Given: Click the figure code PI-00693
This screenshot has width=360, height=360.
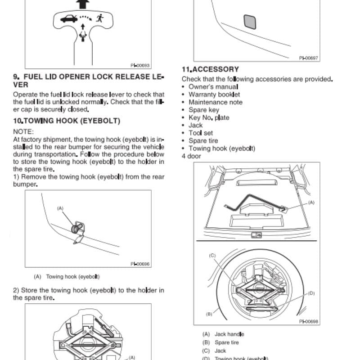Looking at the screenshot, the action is coord(140,65).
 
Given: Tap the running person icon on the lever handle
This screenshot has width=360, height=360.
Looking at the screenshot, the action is coord(100,18).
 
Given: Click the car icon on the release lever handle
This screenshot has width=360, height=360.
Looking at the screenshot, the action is coord(69,18).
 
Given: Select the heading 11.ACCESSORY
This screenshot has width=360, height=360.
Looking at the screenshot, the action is coord(210,69).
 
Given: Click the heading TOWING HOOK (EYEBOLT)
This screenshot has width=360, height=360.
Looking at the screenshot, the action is coord(72,121).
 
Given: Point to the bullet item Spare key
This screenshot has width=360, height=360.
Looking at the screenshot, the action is coord(204,110).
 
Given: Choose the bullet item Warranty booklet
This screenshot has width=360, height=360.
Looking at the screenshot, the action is coord(214,94).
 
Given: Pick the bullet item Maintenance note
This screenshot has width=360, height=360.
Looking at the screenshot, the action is coord(216,102).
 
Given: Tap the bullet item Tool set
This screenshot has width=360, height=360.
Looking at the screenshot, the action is coord(201,133).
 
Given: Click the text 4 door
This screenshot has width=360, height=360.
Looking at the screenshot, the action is coord(191,156).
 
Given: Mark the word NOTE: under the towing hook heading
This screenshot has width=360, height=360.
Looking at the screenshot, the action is coord(23,132).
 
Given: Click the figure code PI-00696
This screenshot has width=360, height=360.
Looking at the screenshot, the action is coord(140,264).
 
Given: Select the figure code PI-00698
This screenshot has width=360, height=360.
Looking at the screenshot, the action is coord(309,322).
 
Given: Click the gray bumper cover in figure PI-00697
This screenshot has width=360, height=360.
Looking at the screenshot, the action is coord(250,22).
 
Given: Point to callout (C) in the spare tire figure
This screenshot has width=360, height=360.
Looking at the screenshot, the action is coord(212,256).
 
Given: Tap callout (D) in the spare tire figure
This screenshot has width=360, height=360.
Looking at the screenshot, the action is coord(311,293).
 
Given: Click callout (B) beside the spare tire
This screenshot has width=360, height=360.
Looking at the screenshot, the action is coord(209,314).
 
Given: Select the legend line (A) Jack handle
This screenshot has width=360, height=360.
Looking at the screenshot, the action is coord(223,334).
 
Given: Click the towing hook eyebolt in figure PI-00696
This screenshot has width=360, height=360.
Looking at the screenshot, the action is coord(77,228).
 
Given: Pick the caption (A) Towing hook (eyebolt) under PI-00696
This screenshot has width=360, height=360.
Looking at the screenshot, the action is coord(67,277).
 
